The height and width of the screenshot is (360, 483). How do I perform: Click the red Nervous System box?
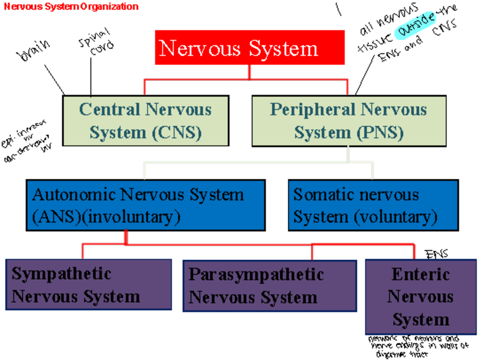pyautogui.click(x=250, y=48)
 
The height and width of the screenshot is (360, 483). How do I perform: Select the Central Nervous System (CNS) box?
pyautogui.click(x=146, y=121)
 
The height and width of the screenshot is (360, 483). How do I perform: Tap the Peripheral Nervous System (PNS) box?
pyautogui.click(x=349, y=121)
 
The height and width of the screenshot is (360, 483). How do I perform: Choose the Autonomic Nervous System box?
pyautogui.click(x=145, y=205)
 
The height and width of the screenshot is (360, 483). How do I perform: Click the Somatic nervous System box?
pyautogui.click(x=373, y=205)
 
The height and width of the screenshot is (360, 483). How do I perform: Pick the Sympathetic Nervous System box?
pyautogui.click(x=89, y=285)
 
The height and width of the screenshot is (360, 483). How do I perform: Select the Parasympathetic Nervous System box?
pyautogui.click(x=269, y=286)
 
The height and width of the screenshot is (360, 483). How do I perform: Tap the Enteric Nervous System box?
pyautogui.click(x=420, y=296)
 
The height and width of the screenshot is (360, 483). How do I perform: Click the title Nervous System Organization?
pyautogui.click(x=71, y=6)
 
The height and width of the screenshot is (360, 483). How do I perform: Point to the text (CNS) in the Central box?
pyautogui.click(x=177, y=132)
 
